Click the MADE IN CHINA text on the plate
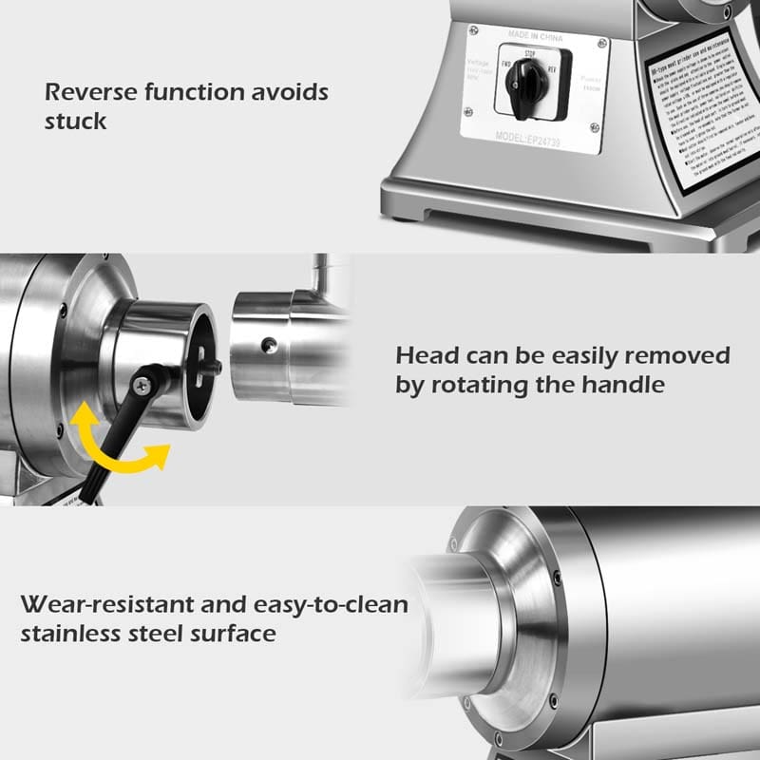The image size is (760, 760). click(535, 36)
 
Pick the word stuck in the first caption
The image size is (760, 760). click(76, 121)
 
